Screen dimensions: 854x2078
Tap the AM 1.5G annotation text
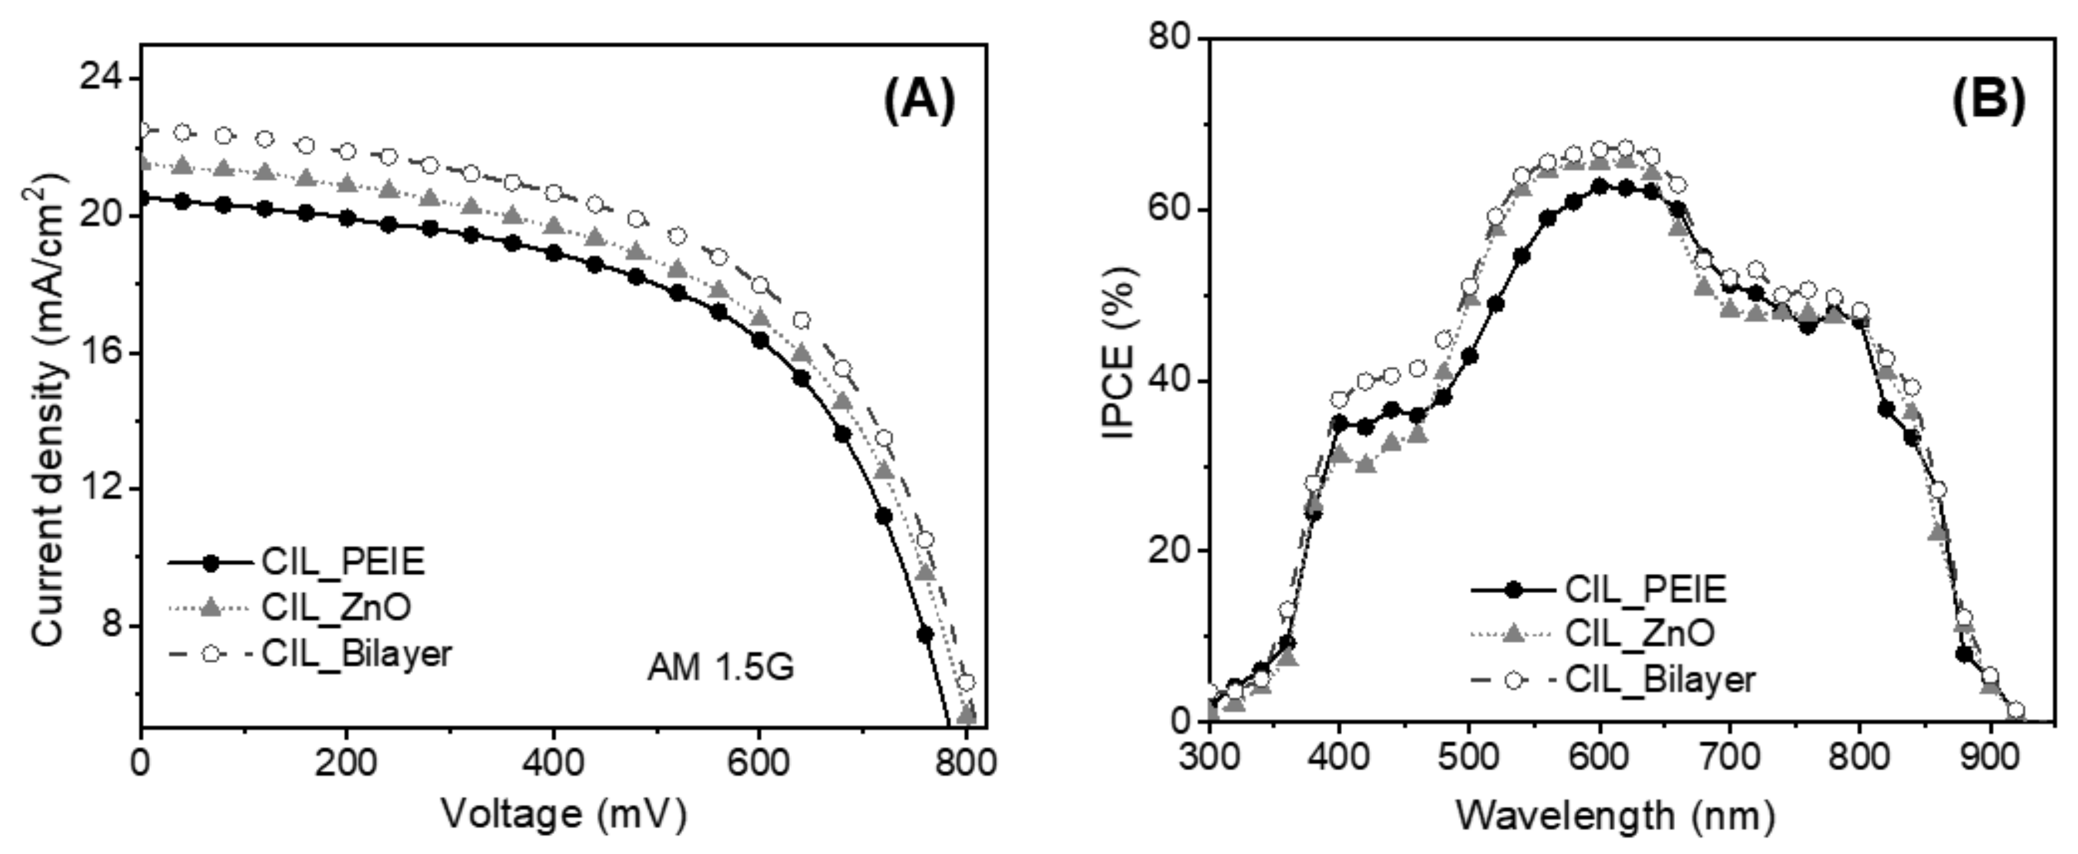pos(720,667)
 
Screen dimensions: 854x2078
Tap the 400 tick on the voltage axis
pos(553,761)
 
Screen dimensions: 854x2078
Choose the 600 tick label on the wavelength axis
pos(1599,759)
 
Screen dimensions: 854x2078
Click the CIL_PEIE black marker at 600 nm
pos(1599,186)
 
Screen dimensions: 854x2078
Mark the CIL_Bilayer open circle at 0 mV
pos(143,130)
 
